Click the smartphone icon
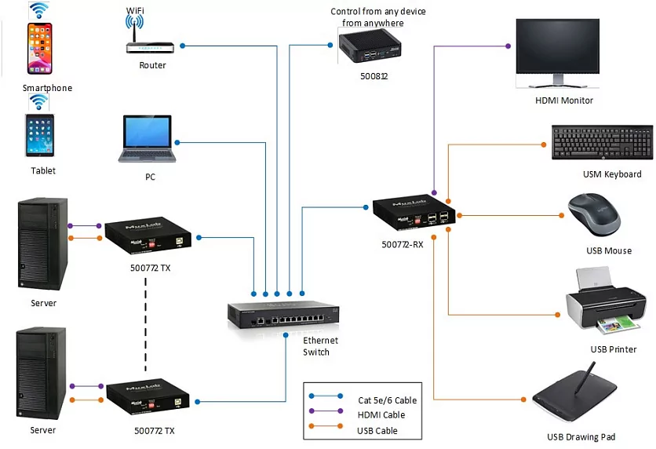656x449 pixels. [40, 50]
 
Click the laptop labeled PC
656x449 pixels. [147, 140]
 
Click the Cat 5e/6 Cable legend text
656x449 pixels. [387, 400]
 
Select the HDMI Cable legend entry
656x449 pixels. [381, 415]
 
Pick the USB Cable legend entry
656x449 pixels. [377, 430]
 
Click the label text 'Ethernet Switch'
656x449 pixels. [320, 346]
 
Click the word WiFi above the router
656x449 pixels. [137, 10]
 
